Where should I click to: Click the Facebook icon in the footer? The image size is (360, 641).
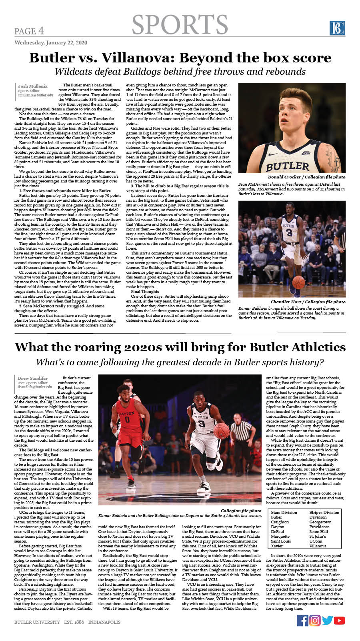click(x=302, y=620)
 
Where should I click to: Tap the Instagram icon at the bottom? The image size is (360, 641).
click(x=315, y=620)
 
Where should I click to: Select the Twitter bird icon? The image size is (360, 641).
click(x=327, y=620)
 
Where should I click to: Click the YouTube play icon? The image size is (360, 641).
click(x=340, y=620)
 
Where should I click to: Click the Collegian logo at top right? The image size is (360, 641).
click(x=337, y=28)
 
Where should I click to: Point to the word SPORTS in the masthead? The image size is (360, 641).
click(x=180, y=25)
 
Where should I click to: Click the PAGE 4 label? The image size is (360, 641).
click(x=29, y=31)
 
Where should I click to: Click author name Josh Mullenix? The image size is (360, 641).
click(x=33, y=86)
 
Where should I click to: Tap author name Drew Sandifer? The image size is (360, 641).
click(x=33, y=378)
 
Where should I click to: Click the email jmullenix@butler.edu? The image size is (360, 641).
click(x=36, y=95)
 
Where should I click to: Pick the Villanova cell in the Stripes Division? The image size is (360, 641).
click(x=318, y=546)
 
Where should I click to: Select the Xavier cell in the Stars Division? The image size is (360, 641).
click(x=277, y=546)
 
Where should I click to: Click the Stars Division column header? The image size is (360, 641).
click(x=284, y=512)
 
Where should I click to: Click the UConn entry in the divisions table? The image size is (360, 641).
click(x=316, y=541)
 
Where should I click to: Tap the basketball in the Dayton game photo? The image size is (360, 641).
click(x=221, y=431)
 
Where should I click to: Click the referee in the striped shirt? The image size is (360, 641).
click(x=241, y=434)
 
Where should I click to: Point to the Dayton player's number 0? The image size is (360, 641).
click(x=127, y=420)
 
